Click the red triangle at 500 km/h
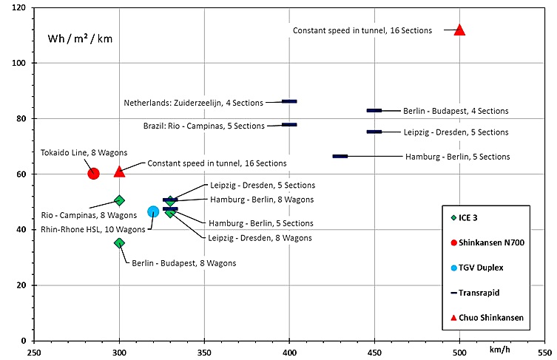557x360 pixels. (x=459, y=30)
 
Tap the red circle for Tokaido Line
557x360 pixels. (x=93, y=173)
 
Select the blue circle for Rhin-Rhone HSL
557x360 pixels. (x=153, y=211)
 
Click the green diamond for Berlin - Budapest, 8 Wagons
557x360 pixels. (x=119, y=242)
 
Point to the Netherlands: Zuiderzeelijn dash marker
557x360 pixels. (x=289, y=101)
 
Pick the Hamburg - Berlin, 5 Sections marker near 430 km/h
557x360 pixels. (x=340, y=156)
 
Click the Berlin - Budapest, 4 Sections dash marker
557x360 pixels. (x=374, y=110)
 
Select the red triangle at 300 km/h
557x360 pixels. (x=119, y=171)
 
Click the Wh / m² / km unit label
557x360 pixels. (x=81, y=38)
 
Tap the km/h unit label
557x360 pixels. (x=499, y=347)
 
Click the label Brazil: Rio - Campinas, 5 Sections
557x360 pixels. (x=204, y=126)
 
